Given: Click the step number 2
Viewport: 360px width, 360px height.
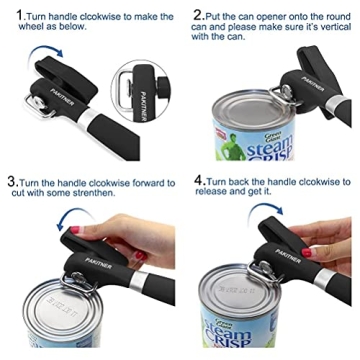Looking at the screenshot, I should pyautogui.click(x=199, y=15).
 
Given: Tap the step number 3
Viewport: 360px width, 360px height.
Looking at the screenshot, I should pyautogui.click(x=9, y=183).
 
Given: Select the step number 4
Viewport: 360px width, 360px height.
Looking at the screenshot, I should pyautogui.click(x=198, y=183).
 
